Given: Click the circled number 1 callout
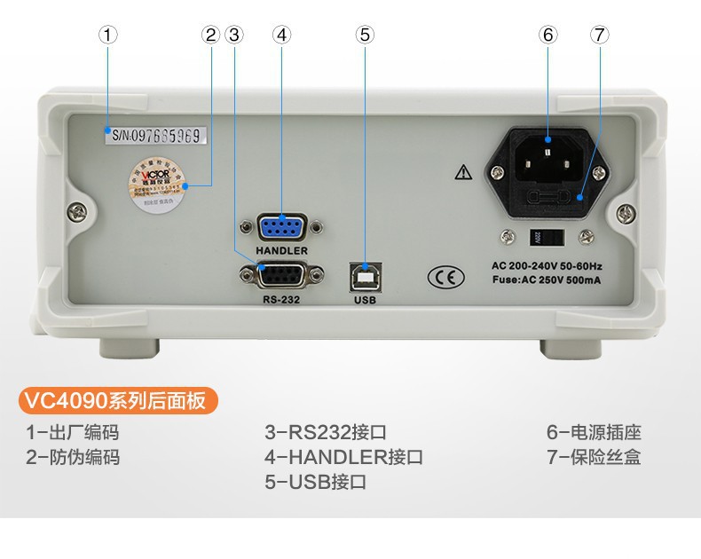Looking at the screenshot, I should tap(107, 35).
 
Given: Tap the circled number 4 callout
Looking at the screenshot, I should tap(281, 35).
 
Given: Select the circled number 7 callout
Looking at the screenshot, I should tap(600, 35).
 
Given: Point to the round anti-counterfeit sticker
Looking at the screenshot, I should tap(158, 184).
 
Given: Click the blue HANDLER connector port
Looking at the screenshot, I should tap(281, 227).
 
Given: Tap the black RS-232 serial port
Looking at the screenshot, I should tap(281, 276).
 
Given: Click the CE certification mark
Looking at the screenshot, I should tap(445, 277).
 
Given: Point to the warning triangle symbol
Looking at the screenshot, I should tap(462, 173).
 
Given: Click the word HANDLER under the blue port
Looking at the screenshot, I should tap(281, 251).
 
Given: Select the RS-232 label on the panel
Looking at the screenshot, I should tap(281, 299).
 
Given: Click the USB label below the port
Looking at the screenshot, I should tap(366, 300).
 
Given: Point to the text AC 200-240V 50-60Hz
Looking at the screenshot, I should tap(546, 265).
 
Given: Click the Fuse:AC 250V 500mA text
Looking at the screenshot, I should tap(546, 280).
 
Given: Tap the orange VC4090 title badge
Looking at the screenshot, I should tap(117, 400).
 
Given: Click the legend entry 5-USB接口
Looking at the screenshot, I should tap(315, 483).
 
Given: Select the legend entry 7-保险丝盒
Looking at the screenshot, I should tap(593, 458).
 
